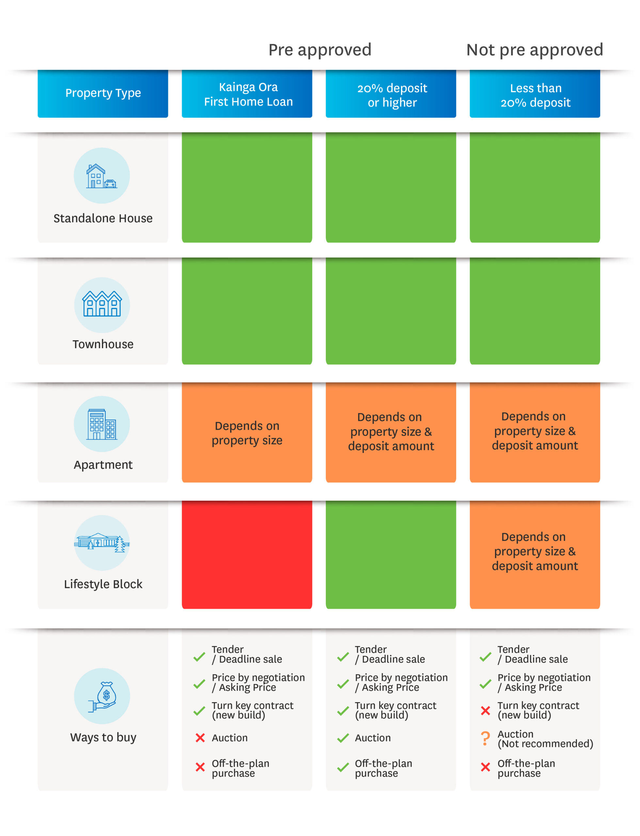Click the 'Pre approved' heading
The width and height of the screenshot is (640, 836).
tap(320, 50)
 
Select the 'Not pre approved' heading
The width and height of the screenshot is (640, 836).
tap(535, 50)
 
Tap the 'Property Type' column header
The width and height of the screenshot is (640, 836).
tap(103, 93)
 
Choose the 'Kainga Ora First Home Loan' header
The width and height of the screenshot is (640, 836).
tap(247, 93)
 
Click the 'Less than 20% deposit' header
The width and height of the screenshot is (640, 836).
tap(535, 93)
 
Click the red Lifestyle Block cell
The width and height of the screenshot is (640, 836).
tap(247, 555)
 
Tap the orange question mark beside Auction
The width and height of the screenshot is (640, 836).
tap(485, 738)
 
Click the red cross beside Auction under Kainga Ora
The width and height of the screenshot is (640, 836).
tap(200, 738)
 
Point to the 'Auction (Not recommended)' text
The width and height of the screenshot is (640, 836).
tap(545, 739)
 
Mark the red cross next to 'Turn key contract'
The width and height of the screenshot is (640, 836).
tap(485, 711)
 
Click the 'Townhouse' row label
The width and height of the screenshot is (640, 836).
tap(103, 344)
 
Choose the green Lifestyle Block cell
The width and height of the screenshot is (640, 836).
tap(391, 555)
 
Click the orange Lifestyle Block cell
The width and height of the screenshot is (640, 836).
tap(535, 555)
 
